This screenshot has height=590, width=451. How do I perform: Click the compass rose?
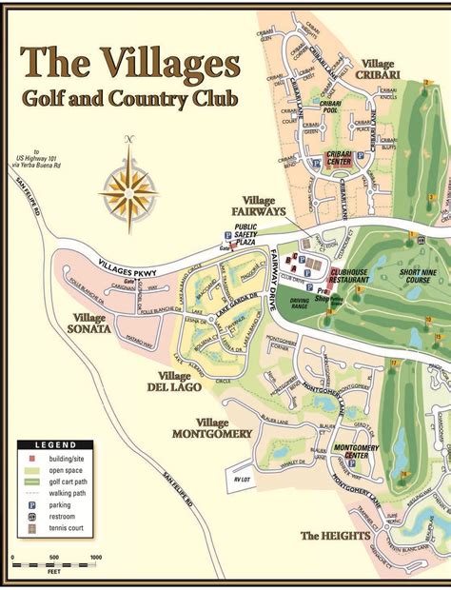point(128,187)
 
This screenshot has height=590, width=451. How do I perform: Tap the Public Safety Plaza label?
point(245,233)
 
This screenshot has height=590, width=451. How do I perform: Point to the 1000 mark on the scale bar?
point(96,559)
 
